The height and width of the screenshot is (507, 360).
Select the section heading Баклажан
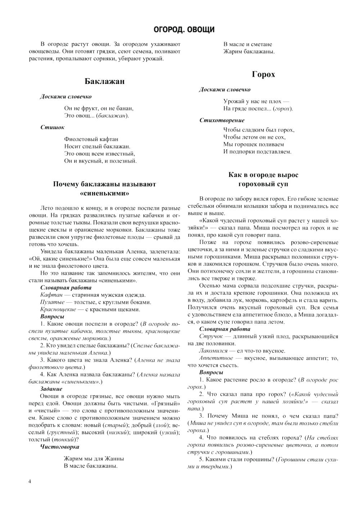click(104, 81)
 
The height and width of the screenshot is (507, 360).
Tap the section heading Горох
click(263, 75)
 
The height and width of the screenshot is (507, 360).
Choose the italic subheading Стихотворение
click(222, 120)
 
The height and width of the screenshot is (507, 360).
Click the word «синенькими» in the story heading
click(104, 194)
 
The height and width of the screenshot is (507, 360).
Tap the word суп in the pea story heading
click(282, 184)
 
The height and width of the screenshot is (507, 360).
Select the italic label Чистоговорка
click(59, 447)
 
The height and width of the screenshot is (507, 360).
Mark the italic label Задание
click(51, 389)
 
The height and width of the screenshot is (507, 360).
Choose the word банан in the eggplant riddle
click(124, 108)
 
